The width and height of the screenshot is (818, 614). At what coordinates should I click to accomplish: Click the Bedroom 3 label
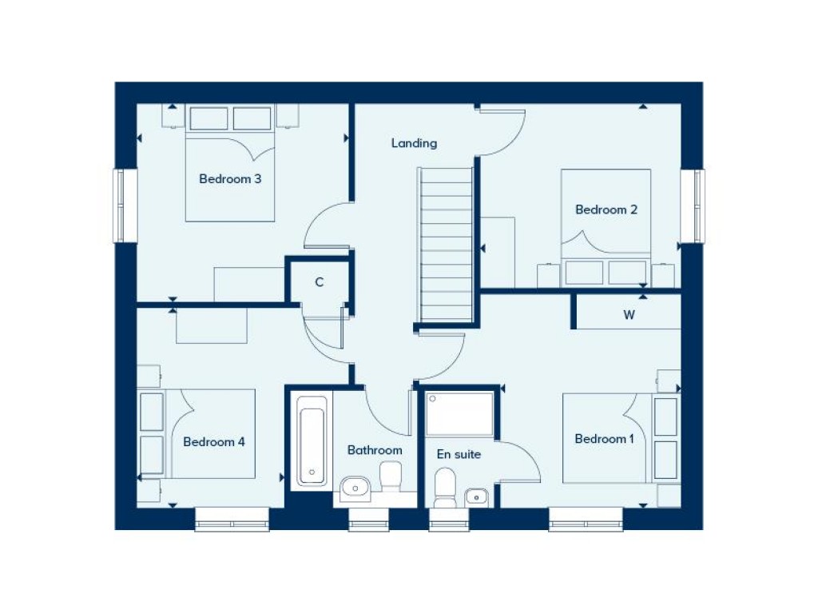[x=230, y=179]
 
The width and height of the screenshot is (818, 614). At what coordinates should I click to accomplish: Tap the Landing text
[x=414, y=143]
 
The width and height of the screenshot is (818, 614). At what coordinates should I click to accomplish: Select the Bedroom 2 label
[x=606, y=209]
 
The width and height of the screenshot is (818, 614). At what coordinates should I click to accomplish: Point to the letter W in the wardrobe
[x=629, y=315]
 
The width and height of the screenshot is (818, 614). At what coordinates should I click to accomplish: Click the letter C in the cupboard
[x=319, y=281]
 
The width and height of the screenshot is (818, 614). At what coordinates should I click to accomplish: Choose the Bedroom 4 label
[x=213, y=441]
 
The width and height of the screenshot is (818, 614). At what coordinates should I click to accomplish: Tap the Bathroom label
[x=375, y=450]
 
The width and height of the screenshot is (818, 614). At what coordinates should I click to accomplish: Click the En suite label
[x=459, y=454]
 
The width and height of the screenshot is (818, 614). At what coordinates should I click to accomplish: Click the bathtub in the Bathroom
[x=312, y=441]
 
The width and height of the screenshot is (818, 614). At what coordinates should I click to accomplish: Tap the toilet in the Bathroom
[x=391, y=478]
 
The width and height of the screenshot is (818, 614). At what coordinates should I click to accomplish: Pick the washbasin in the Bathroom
[x=355, y=486]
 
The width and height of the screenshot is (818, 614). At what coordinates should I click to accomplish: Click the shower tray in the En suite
[x=459, y=413]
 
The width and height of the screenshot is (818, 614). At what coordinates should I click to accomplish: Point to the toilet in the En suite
[x=444, y=487]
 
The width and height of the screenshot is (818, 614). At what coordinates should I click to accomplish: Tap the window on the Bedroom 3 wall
[x=121, y=205]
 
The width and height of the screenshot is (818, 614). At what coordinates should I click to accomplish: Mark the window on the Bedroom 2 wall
[x=697, y=205]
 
